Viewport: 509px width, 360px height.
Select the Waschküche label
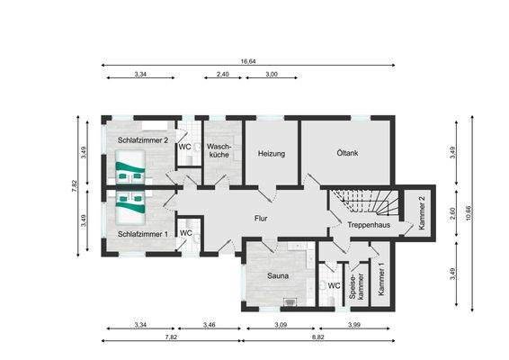[x=219, y=150]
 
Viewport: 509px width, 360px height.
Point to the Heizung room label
[x=272, y=154]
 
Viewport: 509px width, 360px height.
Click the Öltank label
[x=347, y=154]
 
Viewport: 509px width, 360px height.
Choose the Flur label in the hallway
[x=262, y=218]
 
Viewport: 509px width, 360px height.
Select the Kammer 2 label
[x=422, y=213]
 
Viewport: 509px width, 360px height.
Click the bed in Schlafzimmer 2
[x=132, y=168]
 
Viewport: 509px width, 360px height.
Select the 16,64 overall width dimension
[x=248, y=62]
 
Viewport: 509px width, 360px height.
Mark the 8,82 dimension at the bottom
[x=319, y=336]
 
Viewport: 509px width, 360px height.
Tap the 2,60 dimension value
[x=452, y=213]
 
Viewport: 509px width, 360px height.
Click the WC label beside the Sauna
[x=333, y=286]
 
